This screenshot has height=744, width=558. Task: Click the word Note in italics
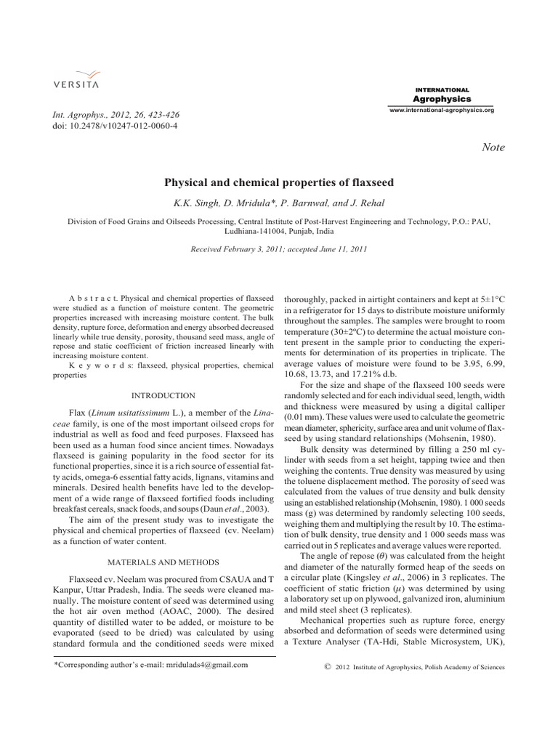click(x=493, y=147)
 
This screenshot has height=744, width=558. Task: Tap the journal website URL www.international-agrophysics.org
click(x=442, y=110)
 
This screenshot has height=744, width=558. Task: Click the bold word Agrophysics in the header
click(x=442, y=99)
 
